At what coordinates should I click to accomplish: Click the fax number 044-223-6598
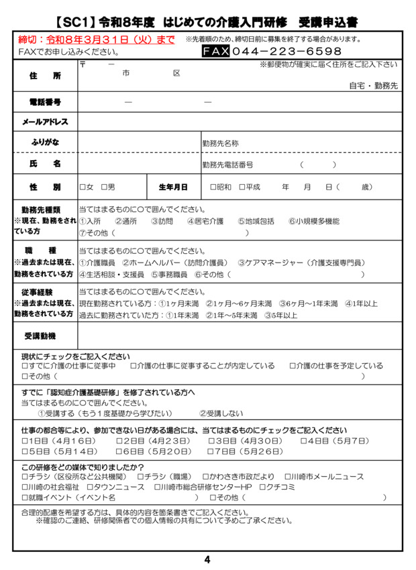(x=287, y=51)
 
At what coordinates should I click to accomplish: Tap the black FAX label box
(x=216, y=51)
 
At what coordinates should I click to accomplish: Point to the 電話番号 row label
(x=45, y=102)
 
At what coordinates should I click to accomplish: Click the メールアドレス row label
(x=45, y=122)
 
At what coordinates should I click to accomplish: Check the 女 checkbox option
(x=83, y=187)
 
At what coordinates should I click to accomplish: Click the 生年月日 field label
(x=173, y=187)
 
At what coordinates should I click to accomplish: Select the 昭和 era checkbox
(x=213, y=187)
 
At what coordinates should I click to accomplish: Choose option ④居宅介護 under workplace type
(x=205, y=221)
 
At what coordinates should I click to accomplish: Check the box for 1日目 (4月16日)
(x=25, y=441)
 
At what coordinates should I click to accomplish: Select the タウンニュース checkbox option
(x=91, y=487)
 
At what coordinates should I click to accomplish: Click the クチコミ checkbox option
(x=263, y=487)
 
